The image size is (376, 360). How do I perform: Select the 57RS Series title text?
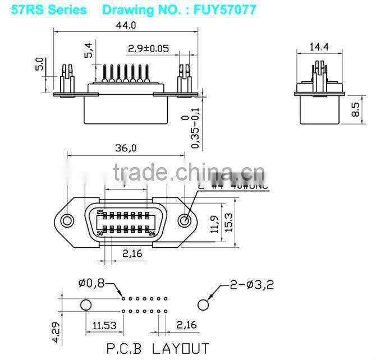(49, 10)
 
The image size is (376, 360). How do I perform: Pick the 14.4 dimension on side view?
(320, 48)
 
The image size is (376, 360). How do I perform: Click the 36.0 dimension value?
(126, 149)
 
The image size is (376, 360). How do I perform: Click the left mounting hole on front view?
(68, 220)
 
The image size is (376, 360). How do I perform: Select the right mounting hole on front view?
(184, 220)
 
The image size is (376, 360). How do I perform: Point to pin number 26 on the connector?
(152, 233)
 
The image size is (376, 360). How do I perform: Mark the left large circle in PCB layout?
(85, 304)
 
